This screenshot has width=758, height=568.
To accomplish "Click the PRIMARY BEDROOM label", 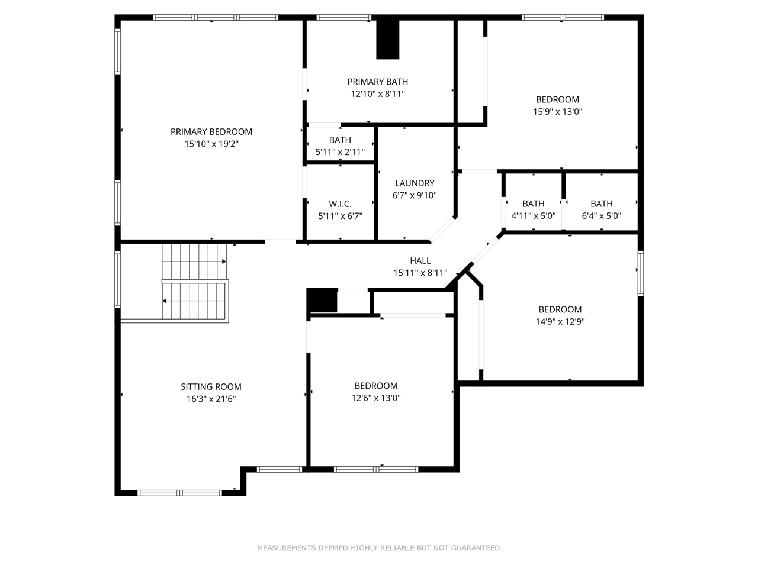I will [211, 132].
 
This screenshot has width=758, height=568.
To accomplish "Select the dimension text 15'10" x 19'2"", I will [211, 144].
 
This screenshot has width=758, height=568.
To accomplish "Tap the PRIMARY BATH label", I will [378, 82].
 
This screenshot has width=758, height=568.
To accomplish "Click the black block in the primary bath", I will [388, 39].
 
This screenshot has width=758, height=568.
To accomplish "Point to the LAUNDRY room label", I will [415, 183].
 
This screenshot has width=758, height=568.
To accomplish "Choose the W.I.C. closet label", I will [340, 204].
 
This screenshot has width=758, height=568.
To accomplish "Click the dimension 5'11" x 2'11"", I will [340, 152].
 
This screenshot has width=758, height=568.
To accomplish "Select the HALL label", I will [420, 261].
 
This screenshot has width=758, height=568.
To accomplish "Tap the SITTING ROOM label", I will [211, 387].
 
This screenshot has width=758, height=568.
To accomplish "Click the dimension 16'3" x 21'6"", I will [211, 399].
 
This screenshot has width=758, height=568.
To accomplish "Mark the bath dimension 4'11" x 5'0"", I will [534, 216].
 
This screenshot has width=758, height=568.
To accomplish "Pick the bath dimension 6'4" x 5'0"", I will [602, 216].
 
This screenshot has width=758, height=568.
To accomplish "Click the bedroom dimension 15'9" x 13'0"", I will [558, 111].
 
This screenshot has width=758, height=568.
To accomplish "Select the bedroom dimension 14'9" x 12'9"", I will [560, 322].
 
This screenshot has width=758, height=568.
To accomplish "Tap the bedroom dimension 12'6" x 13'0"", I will [376, 398].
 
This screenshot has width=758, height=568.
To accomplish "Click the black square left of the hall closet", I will [322, 300].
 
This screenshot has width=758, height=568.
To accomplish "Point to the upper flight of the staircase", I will [194, 260].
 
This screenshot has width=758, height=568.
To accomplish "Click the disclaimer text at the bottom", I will [379, 548].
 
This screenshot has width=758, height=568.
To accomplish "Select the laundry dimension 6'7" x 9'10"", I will [415, 195].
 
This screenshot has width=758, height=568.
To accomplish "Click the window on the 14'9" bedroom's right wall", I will [640, 273].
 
